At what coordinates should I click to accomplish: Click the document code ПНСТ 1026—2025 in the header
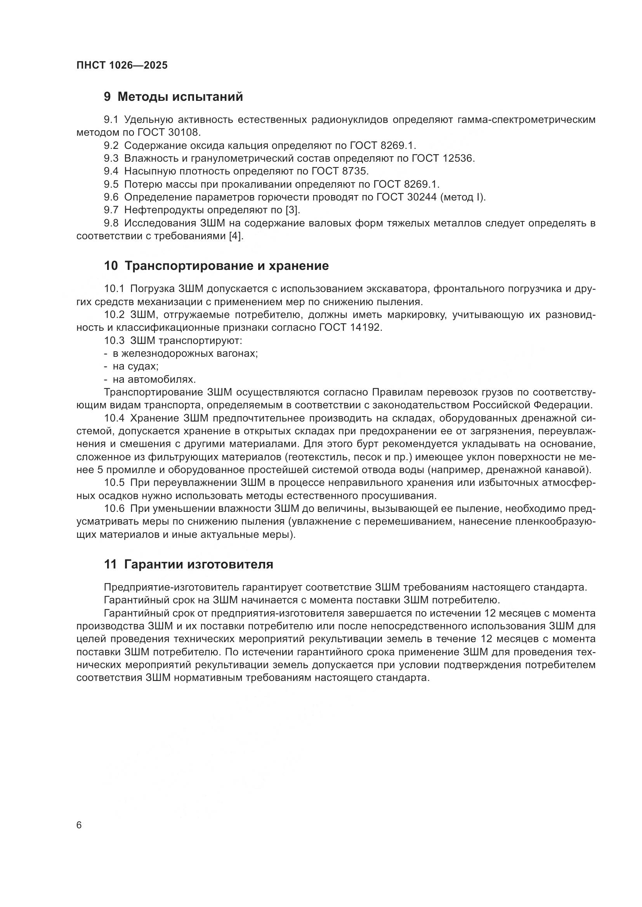(x=122, y=66)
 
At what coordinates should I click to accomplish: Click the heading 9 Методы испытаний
(x=173, y=97)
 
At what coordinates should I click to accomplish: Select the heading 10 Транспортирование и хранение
(x=216, y=266)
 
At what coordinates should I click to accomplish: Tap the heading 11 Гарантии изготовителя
(x=189, y=564)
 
